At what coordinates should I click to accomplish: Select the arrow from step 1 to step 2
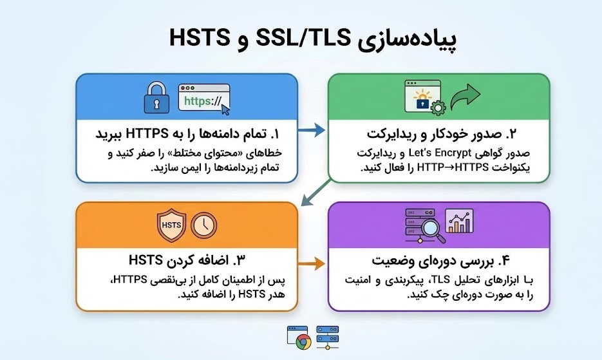pos(311,131)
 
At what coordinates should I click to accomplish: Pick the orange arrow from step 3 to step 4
pos(311,263)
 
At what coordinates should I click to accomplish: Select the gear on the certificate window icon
pos(436,108)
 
